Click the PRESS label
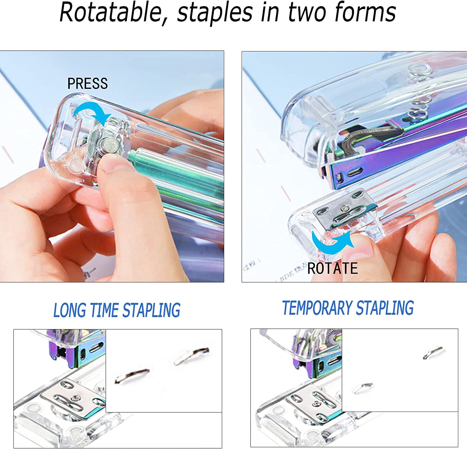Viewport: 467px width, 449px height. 87,84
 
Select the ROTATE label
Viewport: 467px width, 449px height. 333,268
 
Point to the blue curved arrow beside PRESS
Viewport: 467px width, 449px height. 93,109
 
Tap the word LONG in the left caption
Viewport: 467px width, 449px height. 69,310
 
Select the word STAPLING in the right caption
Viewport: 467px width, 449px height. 385,308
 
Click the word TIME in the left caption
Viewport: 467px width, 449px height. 104,310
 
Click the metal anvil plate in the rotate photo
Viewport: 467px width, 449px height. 345,208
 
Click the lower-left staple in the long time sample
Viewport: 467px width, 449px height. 132,375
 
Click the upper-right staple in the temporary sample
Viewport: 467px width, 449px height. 433,352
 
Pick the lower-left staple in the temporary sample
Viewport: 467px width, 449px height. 363,388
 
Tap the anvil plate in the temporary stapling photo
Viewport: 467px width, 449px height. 314,402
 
